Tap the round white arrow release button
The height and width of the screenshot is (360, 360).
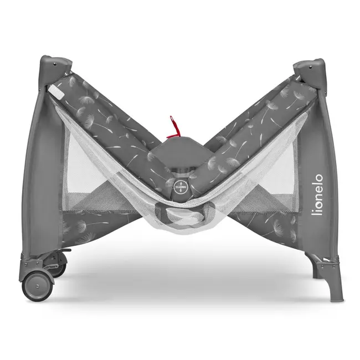pos(180,184)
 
